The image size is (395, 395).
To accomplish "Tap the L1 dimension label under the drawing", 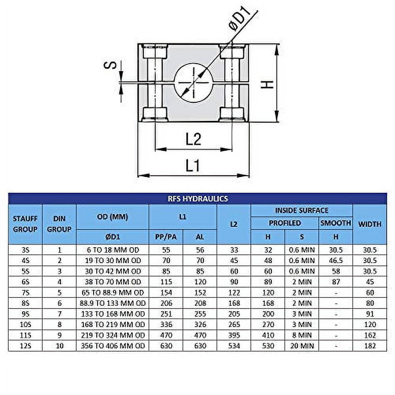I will tap(192, 166).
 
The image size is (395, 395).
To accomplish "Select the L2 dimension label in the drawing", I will tap(193, 139).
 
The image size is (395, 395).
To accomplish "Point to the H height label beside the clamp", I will tap(268, 84).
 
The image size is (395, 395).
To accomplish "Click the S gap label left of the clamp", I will tap(113, 64).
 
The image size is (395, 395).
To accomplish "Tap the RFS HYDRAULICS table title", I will tap(197, 199).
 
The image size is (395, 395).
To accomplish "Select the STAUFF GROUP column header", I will tap(25, 224).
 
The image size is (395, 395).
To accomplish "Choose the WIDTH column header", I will tap(370, 224).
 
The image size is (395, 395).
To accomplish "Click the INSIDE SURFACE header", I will tap(302, 211).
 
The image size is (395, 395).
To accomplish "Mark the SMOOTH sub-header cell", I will tap(336, 223).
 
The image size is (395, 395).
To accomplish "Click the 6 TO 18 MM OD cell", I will tap(113, 250).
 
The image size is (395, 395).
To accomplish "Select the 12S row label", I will tap(25, 346).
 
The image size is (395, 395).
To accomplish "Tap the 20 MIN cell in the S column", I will tap(302, 346).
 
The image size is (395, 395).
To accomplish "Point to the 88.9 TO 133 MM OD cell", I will tap(113, 303).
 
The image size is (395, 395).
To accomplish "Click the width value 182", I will tap(370, 346).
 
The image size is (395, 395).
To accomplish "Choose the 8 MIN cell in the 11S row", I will tap(302, 335).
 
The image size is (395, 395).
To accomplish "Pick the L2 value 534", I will tap(234, 346).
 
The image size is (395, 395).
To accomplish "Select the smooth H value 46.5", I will tap(336, 260).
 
